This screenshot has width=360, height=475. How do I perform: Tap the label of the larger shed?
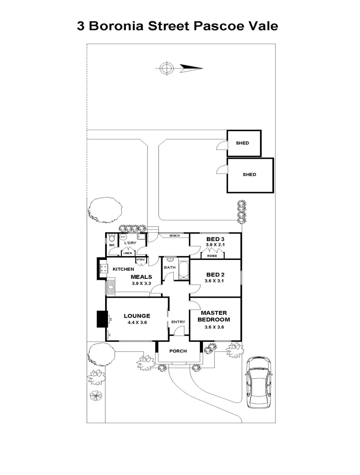tap(250, 175)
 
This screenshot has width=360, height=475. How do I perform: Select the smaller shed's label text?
tap(242, 143)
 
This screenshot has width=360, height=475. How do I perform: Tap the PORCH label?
tap(178, 351)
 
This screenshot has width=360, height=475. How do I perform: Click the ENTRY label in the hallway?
tap(178, 322)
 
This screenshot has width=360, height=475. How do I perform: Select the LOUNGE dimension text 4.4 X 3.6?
tap(137, 322)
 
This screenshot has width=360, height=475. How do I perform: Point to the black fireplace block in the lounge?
tap(103, 319)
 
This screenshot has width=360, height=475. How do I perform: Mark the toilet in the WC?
tap(112, 238)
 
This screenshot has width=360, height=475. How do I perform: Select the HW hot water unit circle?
tap(123, 237)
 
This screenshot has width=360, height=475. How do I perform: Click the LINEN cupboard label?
tap(128, 253)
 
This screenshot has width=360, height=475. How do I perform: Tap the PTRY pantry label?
tap(140, 260)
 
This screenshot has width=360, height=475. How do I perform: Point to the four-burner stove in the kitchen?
tap(104, 268)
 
